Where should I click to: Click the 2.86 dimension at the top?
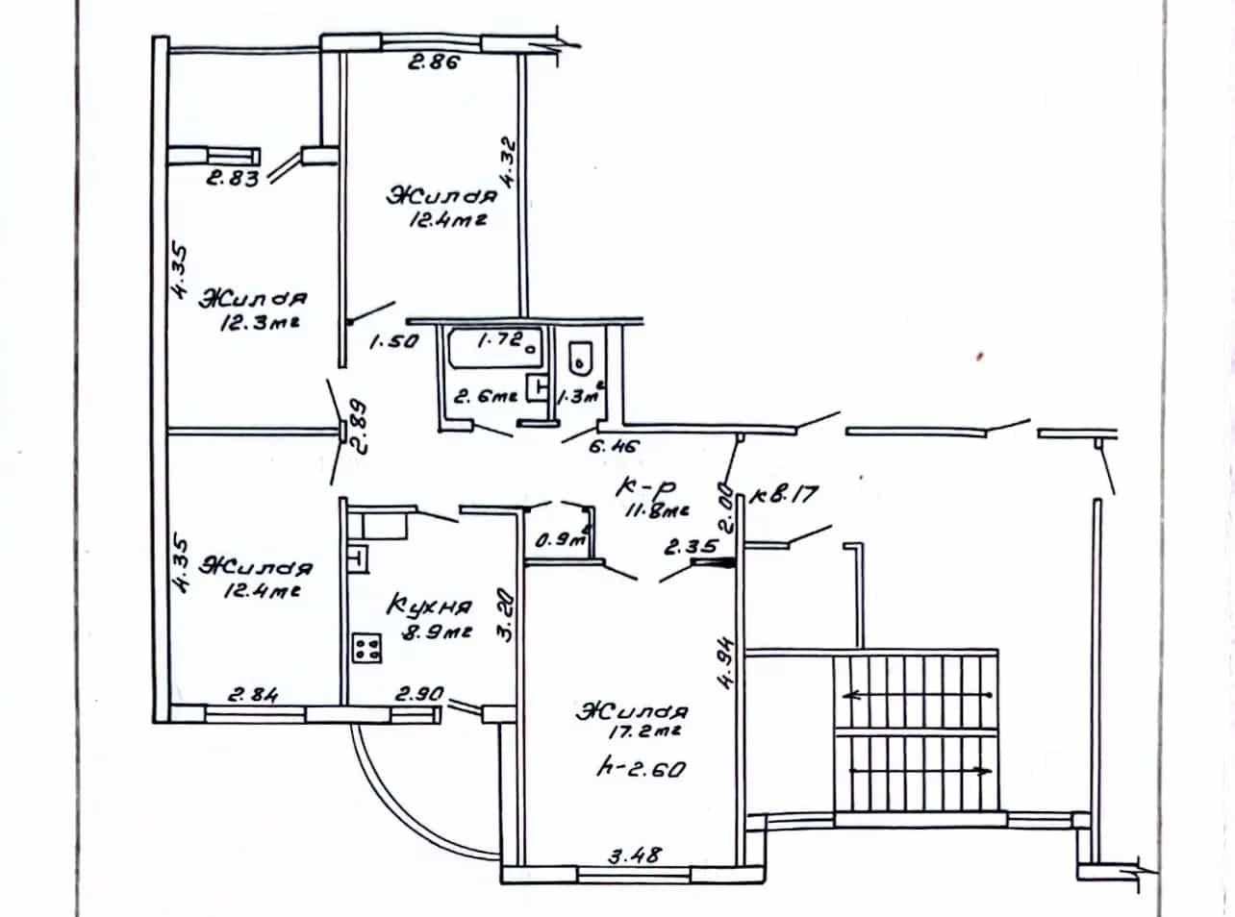point(434,62)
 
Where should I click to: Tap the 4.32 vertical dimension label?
point(508,163)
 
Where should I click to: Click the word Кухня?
point(429,606)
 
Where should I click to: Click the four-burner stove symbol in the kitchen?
point(366,648)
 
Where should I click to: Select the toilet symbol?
point(580,359)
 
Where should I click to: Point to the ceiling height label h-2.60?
point(641,770)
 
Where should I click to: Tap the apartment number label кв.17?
point(784,495)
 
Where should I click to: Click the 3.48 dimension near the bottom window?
point(635,855)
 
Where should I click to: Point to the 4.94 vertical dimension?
point(726,664)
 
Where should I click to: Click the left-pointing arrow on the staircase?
point(918,696)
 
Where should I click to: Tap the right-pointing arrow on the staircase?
point(921,771)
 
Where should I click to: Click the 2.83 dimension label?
point(232,179)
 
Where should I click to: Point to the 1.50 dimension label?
point(393,341)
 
